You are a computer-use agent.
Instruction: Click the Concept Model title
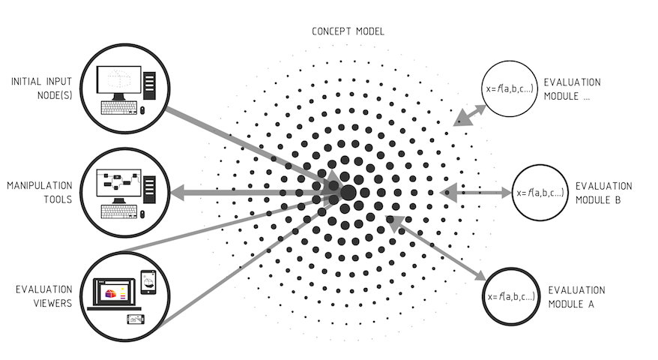(x=348, y=32)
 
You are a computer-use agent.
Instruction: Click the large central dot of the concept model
(x=348, y=193)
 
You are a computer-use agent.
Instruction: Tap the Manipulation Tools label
(x=40, y=191)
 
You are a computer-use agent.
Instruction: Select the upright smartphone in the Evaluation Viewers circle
(x=148, y=283)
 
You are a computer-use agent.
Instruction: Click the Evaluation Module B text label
(x=603, y=193)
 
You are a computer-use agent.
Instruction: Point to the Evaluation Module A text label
(x=576, y=297)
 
